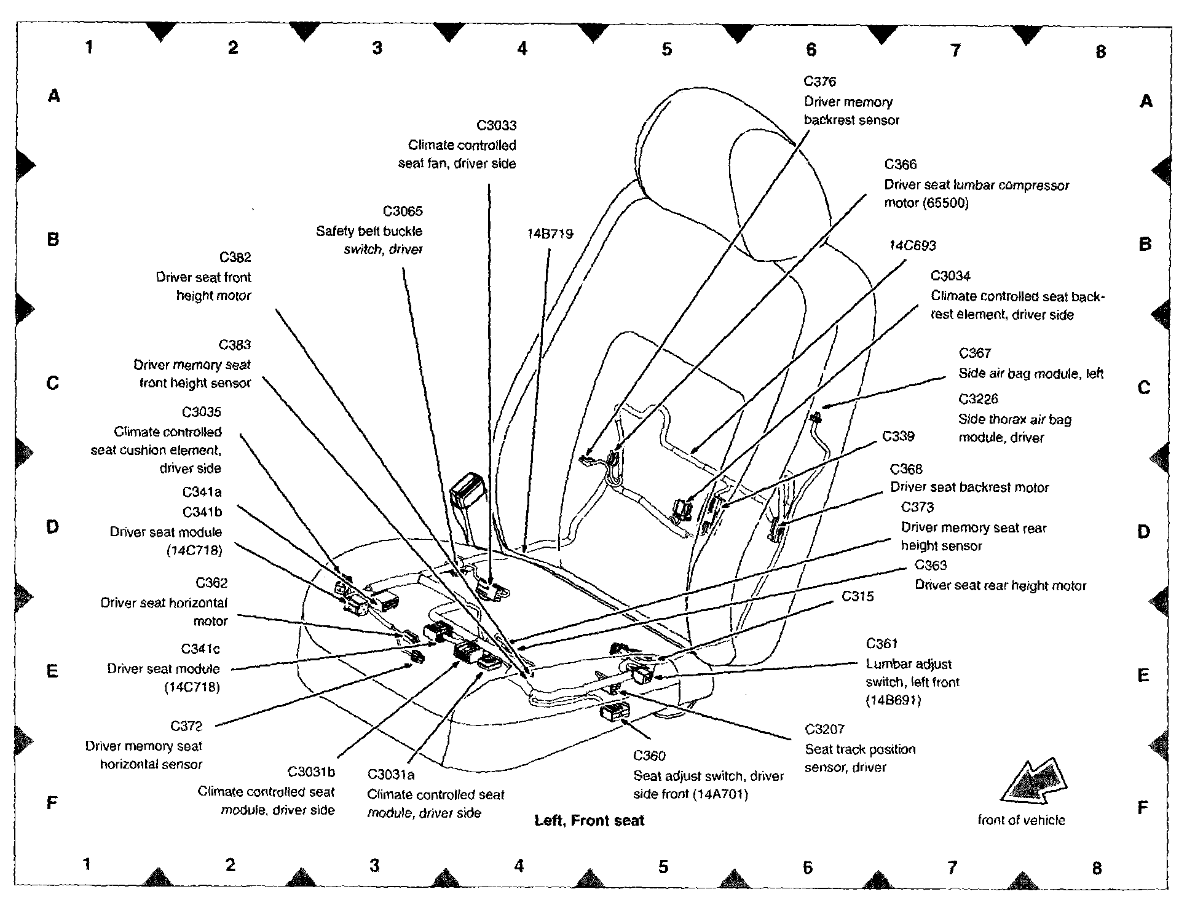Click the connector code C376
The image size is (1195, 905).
[x=819, y=82]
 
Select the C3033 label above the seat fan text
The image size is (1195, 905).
[x=496, y=125]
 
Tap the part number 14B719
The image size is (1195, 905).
[x=550, y=234]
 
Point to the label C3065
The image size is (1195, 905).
[x=403, y=211]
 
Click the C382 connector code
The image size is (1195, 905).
[x=235, y=257]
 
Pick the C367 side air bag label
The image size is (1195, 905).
[x=975, y=354]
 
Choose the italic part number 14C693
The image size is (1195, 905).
[x=912, y=246]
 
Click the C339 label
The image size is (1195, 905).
[x=898, y=437]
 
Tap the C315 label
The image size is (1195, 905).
[x=858, y=596]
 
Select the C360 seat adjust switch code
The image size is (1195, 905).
[x=649, y=756]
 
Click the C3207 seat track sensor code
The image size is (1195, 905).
[x=824, y=729]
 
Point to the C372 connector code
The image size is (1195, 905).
[x=186, y=726]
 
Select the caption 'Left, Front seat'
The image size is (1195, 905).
[x=589, y=821]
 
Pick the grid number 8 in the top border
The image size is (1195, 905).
[x=1100, y=52]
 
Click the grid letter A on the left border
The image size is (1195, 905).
[x=54, y=96]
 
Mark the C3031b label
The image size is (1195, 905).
[x=311, y=772]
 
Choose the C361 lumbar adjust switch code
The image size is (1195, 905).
[x=881, y=644]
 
